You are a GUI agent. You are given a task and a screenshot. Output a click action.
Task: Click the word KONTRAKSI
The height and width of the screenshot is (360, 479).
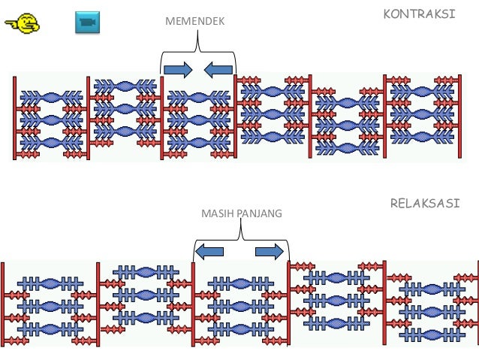[419, 14]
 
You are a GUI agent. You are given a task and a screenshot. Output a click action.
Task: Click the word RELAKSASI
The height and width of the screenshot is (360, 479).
[424, 204]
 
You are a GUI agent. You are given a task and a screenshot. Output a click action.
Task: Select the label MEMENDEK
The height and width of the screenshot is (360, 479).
[194, 23]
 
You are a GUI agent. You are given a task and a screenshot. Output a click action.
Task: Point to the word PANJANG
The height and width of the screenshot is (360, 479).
[259, 213]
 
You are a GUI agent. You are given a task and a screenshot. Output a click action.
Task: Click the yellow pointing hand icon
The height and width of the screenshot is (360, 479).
[23, 23]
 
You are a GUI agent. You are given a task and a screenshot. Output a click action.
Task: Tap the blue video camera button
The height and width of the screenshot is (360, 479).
[87, 23]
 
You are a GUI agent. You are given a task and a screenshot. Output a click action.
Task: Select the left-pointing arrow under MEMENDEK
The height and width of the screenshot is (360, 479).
[218, 69]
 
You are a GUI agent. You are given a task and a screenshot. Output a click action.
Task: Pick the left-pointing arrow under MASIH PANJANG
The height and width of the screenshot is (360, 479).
[209, 251]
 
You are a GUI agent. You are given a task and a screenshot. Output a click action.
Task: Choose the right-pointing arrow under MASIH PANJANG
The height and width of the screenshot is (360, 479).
[270, 251]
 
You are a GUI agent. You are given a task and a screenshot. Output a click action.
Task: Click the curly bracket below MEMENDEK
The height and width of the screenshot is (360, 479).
[198, 56]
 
